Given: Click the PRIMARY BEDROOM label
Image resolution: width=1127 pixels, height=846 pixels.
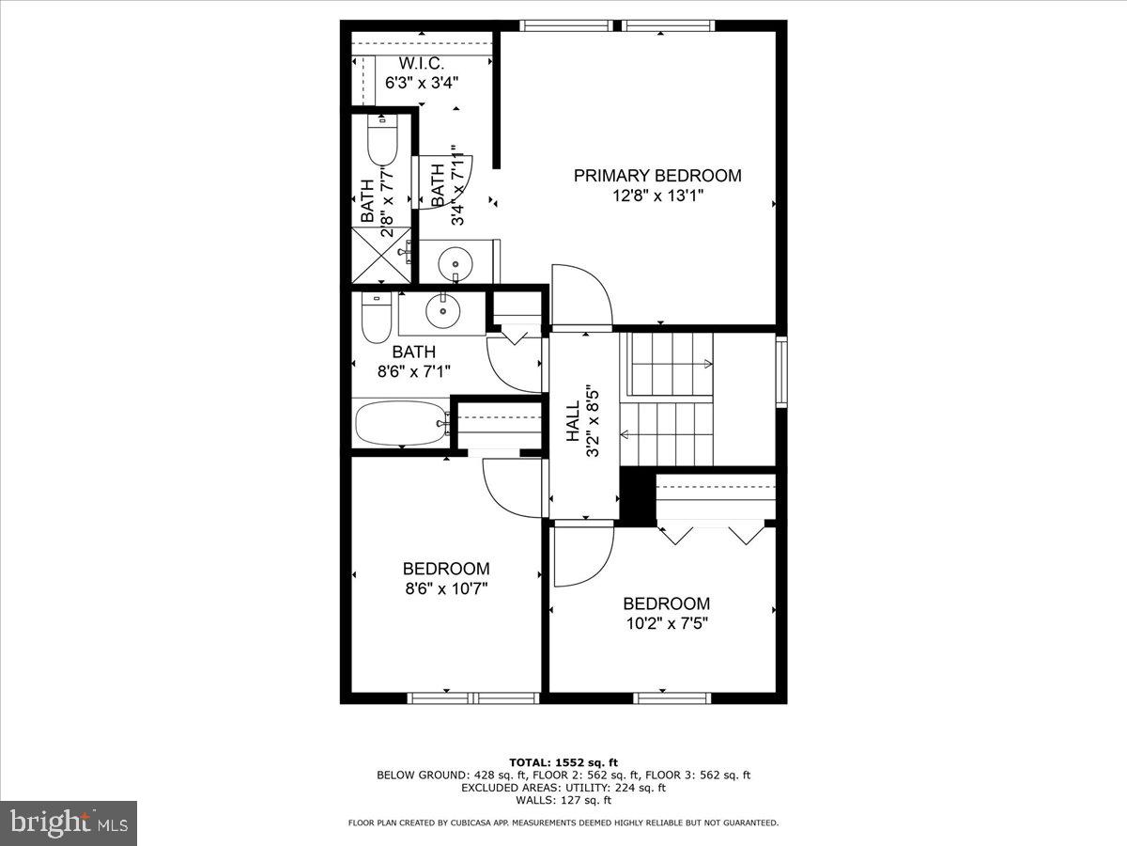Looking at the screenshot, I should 657,176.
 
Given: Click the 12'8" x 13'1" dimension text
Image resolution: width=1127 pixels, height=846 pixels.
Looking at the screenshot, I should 657,196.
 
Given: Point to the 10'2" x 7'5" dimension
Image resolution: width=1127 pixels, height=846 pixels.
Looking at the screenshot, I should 666,623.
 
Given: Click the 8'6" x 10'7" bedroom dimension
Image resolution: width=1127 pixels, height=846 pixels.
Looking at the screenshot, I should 445,588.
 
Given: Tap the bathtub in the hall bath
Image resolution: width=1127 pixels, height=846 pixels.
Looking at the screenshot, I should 401,425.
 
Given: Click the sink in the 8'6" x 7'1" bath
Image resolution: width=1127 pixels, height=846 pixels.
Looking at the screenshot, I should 440,308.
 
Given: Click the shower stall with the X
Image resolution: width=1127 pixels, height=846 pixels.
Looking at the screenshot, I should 381,253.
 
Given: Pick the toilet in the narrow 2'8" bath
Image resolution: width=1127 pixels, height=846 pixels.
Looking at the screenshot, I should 381,142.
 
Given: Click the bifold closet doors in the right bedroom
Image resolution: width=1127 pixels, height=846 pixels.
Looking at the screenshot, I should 714,533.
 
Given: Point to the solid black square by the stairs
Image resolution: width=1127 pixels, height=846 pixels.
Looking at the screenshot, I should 638,495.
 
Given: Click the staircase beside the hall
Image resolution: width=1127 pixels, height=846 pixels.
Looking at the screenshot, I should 669,399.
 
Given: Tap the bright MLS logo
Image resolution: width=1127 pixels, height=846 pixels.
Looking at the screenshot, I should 69,823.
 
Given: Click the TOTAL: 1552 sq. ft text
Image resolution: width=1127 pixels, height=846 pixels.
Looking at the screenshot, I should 563,762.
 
